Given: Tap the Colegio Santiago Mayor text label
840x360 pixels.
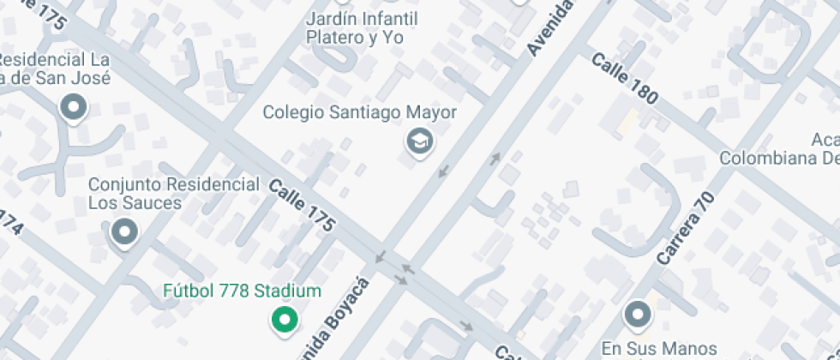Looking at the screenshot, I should coord(359,112).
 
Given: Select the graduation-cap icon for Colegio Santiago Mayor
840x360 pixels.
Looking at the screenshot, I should coord(419,141).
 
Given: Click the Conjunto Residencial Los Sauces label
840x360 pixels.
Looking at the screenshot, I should coord(174,194).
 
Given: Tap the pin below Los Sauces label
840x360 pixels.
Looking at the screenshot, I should coord(125,231).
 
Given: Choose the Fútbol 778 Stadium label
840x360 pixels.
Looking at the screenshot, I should coord(242,291).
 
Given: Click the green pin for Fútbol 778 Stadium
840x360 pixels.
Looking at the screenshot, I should coord(284,320).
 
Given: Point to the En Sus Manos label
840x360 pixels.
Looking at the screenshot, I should coord(658,348).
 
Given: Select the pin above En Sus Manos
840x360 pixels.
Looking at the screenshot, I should coord(638,315).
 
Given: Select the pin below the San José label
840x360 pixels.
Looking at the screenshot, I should coord(73,108).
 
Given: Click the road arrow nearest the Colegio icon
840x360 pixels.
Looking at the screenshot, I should coord(443,171).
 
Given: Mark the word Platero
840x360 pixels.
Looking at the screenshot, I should coord(333,38).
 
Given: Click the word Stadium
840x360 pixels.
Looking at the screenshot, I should coord(287,291).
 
